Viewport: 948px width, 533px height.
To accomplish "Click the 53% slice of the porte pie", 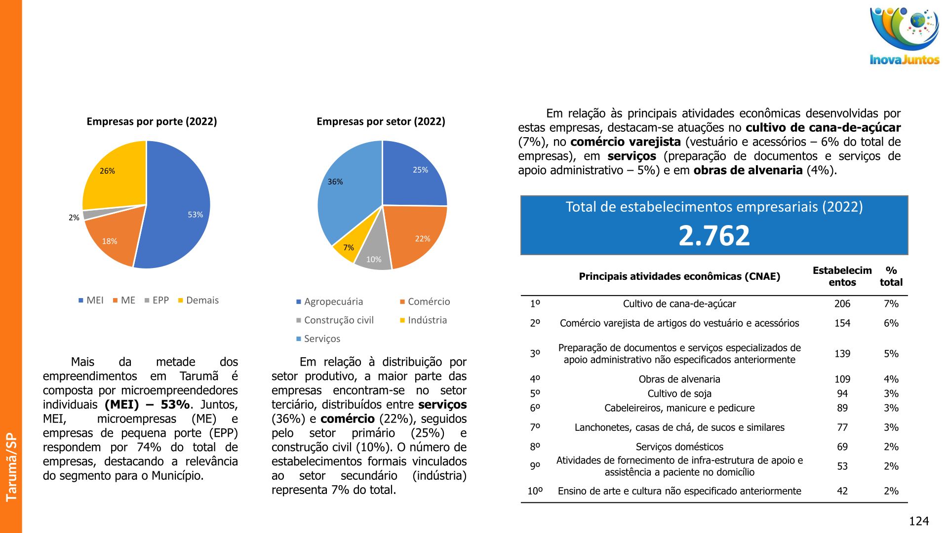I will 178,207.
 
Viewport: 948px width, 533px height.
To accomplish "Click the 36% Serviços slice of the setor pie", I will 346,192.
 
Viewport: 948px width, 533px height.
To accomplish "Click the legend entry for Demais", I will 198,300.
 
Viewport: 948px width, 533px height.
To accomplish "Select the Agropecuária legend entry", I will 329,302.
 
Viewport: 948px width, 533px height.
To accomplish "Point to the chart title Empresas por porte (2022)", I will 152,121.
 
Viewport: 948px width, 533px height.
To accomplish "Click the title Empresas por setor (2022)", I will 381,121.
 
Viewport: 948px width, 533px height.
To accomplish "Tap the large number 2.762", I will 714,235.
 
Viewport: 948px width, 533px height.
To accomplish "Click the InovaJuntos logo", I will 904,36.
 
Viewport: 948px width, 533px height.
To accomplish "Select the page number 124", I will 918,521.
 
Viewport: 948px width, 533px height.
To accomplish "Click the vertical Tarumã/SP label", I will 11,467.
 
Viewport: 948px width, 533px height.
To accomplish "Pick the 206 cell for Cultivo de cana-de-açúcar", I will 842,304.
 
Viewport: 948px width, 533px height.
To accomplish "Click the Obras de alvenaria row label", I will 679,380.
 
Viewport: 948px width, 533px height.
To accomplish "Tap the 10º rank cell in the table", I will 535,491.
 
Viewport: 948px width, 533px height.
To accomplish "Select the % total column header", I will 891,276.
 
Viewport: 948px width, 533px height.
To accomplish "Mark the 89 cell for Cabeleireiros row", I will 842,408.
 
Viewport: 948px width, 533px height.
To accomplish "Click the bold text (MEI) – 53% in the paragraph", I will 147,405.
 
